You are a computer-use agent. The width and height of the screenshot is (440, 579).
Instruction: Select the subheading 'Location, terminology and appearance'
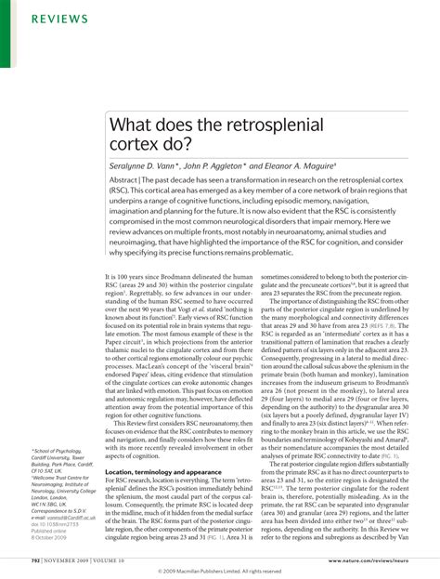(x=162, y=472)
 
